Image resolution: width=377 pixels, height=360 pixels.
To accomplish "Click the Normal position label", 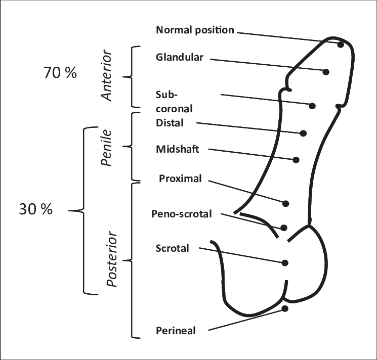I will tap(195, 30).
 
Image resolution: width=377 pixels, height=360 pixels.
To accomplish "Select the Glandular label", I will tap(180, 57).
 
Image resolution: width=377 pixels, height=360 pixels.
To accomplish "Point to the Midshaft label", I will tap(177, 149).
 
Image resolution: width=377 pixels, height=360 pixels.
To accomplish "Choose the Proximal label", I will tap(180, 178).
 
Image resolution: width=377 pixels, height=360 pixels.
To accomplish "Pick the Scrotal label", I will tap(173, 248).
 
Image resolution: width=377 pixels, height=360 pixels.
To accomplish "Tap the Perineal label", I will tap(176, 331).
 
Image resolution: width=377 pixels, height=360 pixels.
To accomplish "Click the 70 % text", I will tap(60, 73).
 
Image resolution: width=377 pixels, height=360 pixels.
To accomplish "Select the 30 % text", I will tap(35, 209).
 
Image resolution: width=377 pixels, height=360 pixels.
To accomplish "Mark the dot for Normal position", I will tap(341, 45).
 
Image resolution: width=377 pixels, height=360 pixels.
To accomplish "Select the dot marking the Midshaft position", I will tap(297, 160).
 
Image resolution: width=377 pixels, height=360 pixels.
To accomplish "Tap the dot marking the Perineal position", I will tap(285, 308).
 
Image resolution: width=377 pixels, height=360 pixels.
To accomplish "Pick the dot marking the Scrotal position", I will tap(285, 262).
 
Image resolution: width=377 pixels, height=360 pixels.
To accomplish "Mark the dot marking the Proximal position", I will tap(285, 203).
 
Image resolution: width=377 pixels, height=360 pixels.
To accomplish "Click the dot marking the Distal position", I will tap(304, 133).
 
